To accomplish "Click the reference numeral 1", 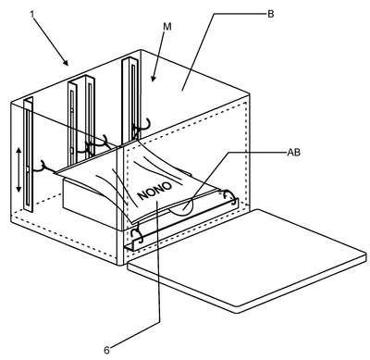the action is (31, 14).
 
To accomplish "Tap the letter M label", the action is (166, 27).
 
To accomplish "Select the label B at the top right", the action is (270, 14).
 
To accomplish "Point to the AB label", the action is (293, 152).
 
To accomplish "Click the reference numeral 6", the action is (106, 350).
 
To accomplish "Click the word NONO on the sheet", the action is (154, 191).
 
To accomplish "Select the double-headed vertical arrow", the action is (18, 169).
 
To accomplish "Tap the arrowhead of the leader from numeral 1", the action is (66, 63).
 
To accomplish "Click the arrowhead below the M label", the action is (154, 79).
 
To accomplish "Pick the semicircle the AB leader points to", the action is (182, 210).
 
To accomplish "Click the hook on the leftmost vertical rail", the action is (42, 168).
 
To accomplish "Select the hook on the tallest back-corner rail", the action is (142, 126).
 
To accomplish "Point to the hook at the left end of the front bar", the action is (138, 234).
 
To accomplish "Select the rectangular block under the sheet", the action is (90, 201).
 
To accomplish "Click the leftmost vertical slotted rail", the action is (28, 155).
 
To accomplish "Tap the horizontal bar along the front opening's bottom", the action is (181, 225).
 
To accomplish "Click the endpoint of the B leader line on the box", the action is (182, 91).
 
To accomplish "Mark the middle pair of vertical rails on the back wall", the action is (81, 120).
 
